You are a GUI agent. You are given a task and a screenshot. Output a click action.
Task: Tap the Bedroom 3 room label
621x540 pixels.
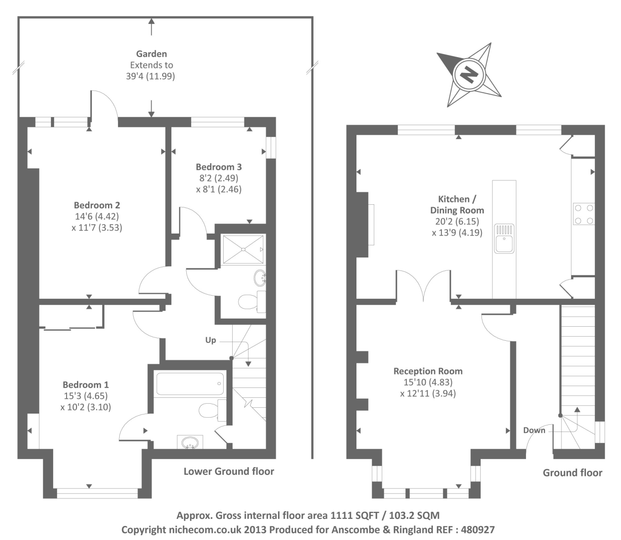click(219, 167)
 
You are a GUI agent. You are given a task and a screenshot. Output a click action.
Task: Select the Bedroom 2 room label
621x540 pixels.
click(97, 205)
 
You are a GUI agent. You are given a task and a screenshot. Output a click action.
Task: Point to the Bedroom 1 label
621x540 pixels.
click(85, 385)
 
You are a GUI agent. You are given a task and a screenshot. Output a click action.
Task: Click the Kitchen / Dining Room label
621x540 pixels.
click(457, 204)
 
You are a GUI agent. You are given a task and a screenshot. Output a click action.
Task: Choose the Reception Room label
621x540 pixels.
click(428, 371)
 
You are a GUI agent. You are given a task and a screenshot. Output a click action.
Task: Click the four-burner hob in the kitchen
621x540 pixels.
click(584, 214)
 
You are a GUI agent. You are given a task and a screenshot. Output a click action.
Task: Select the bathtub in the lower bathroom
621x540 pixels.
click(190, 384)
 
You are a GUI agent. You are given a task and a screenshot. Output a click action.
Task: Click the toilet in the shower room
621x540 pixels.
click(248, 301)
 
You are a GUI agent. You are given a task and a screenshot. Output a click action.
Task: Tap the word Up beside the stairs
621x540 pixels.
click(211, 340)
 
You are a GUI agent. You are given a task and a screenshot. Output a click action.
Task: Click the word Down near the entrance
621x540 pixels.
click(534, 430)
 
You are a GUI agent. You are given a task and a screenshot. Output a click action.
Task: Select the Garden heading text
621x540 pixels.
click(151, 54)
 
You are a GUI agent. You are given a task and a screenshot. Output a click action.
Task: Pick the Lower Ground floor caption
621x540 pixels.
click(229, 472)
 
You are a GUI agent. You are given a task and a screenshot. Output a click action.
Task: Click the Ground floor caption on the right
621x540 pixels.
click(572, 472)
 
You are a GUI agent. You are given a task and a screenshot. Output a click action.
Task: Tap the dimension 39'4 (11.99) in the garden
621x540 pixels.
click(150, 76)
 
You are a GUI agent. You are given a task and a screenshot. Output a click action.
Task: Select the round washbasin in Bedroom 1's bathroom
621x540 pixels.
click(190, 443)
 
